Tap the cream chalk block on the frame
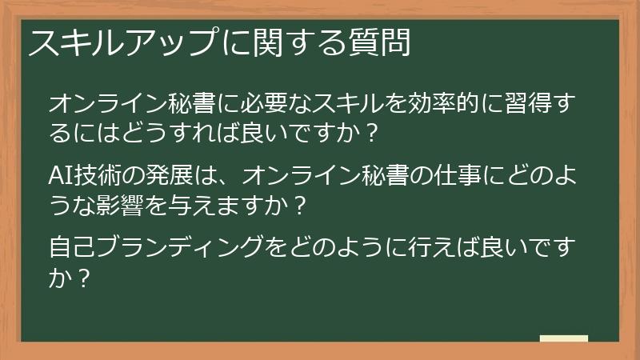pos(563,339)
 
